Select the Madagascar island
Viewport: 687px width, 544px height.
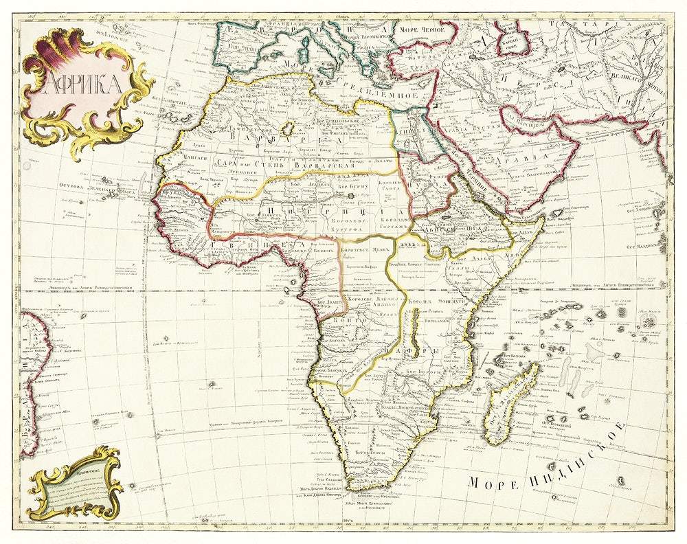pyautogui.click(x=512, y=405)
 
